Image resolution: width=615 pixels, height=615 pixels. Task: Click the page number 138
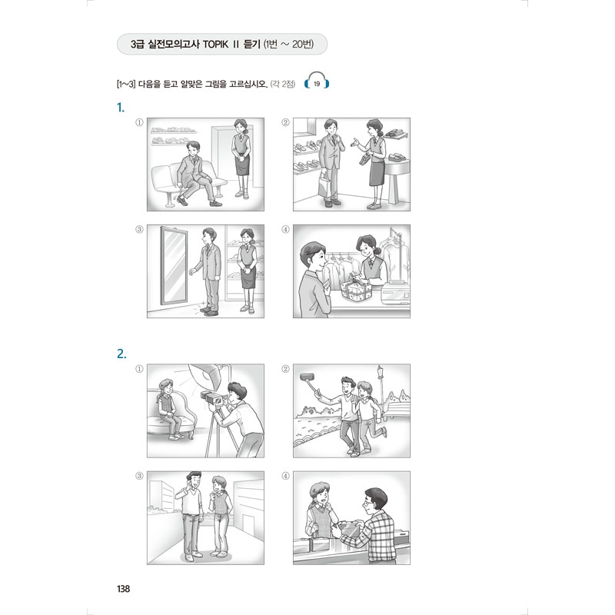tap(123, 588)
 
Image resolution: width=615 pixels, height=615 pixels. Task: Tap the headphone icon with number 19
tap(317, 81)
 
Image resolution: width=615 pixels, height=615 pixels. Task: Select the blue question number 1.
tap(121, 108)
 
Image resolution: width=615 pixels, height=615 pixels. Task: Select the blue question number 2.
tap(121, 354)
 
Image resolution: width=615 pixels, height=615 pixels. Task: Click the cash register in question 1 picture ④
tap(395, 293)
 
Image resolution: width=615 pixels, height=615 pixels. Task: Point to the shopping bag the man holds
tap(324, 184)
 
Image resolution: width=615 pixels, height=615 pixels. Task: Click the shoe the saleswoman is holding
tap(364, 158)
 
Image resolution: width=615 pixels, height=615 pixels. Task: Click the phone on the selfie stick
tap(306, 377)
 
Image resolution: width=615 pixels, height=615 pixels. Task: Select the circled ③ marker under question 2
tap(139, 476)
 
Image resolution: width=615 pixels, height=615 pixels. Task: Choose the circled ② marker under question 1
tap(285, 122)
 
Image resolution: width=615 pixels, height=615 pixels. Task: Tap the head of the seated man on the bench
tap(193, 149)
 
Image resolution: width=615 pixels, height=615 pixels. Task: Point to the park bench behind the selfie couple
tap(398, 409)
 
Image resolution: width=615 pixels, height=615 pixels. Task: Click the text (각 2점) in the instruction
tap(282, 84)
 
